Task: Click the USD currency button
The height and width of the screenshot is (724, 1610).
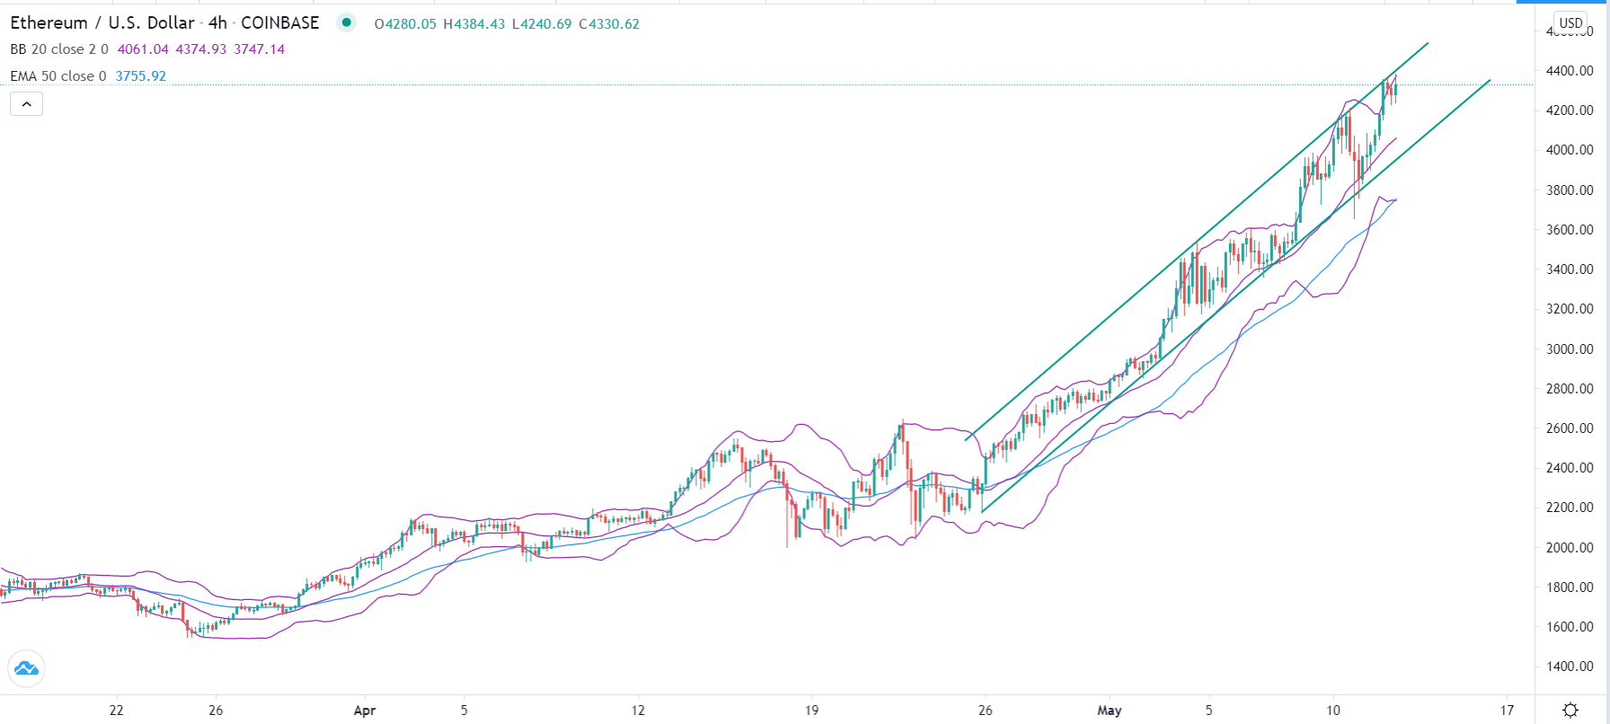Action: pyautogui.click(x=1570, y=23)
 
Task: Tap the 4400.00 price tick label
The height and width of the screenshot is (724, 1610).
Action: pyautogui.click(x=1570, y=71)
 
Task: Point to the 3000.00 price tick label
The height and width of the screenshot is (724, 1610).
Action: pyautogui.click(x=1570, y=349)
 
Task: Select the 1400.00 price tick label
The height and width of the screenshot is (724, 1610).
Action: pyautogui.click(x=1570, y=667)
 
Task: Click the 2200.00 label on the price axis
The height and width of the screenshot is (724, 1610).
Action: pyautogui.click(x=1570, y=508)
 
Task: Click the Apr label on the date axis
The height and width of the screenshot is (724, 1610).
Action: pyautogui.click(x=364, y=711)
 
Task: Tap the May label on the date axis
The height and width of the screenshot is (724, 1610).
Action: pyautogui.click(x=1110, y=711)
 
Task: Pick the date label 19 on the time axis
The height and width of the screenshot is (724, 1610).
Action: pyautogui.click(x=811, y=711)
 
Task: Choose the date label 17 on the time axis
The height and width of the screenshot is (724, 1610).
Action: pyautogui.click(x=1507, y=711)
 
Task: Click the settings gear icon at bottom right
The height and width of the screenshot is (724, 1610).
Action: pyautogui.click(x=1570, y=711)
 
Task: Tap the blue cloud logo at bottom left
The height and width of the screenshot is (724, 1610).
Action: pyautogui.click(x=26, y=668)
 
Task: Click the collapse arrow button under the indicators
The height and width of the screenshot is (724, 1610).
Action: pyautogui.click(x=27, y=104)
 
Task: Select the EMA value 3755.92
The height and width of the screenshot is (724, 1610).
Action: pyautogui.click(x=140, y=76)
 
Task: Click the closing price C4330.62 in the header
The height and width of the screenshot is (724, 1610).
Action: pyautogui.click(x=609, y=24)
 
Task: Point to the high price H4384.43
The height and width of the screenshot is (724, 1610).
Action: pyautogui.click(x=473, y=24)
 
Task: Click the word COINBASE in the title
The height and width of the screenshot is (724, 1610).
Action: pyautogui.click(x=279, y=23)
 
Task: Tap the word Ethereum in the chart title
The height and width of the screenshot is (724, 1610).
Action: pyautogui.click(x=49, y=23)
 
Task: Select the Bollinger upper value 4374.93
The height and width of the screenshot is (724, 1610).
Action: pyautogui.click(x=200, y=49)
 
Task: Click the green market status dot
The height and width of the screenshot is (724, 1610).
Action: pyautogui.click(x=346, y=23)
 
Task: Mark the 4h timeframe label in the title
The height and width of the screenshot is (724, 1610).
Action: pyautogui.click(x=217, y=23)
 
